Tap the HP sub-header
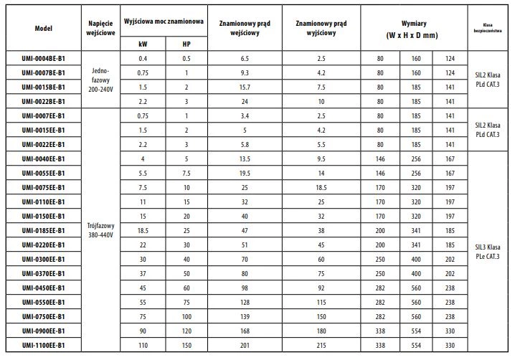coord(187,43)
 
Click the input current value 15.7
coord(243,87)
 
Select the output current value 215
coord(321,346)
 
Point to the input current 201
coord(243,346)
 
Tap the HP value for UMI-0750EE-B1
coord(187,317)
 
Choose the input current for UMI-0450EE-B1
coord(243,288)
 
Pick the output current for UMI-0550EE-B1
coord(321,303)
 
